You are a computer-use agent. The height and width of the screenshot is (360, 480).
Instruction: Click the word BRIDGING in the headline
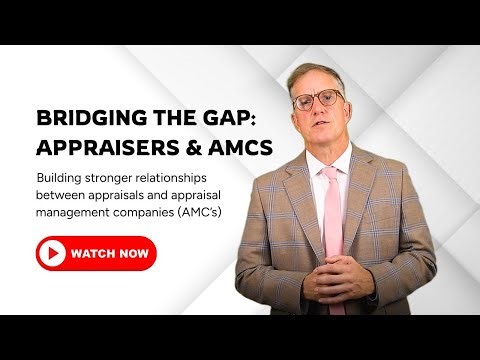[x=83, y=118]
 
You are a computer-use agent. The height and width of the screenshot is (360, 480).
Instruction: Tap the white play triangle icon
[x=50, y=254]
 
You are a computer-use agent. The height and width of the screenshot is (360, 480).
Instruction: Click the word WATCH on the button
[x=91, y=254]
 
